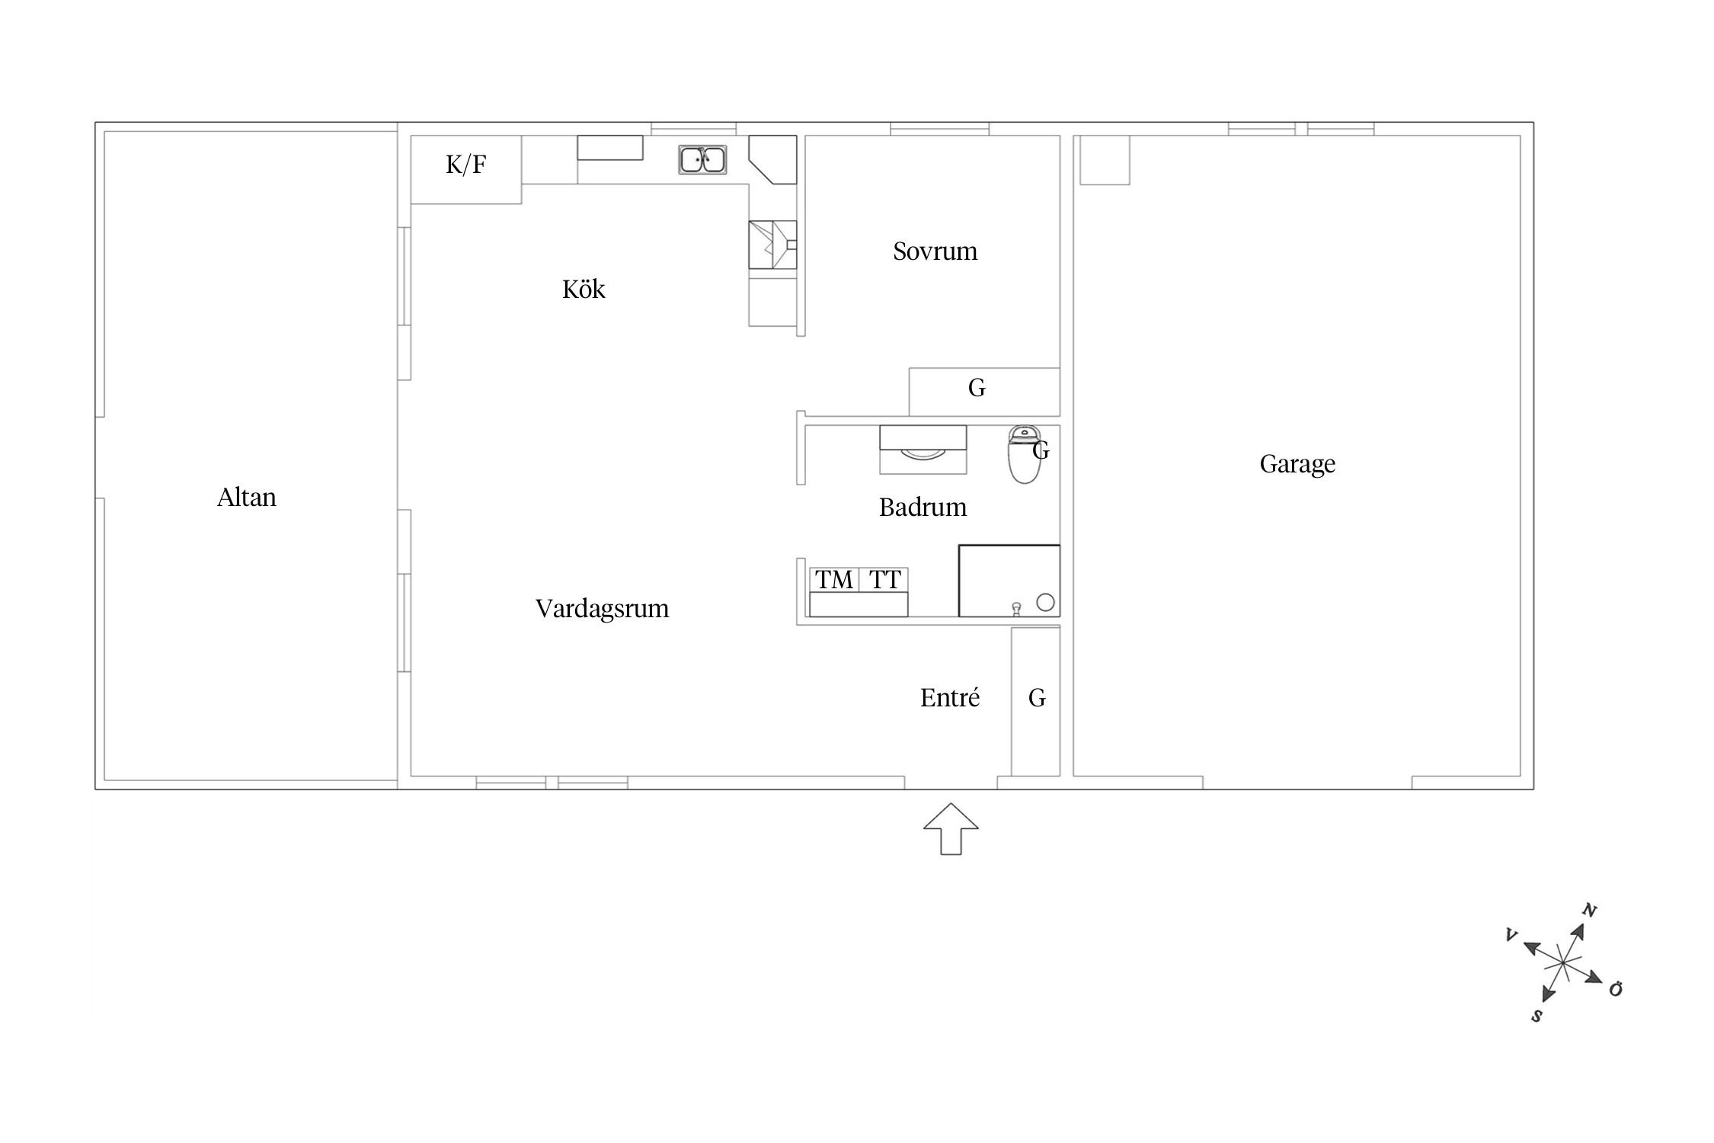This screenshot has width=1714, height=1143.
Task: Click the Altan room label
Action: click(246, 498)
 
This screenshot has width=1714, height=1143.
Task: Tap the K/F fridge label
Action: click(465, 165)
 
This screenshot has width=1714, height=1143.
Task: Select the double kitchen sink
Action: click(702, 160)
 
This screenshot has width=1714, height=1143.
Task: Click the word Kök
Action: click(584, 290)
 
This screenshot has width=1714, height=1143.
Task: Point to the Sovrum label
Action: click(935, 251)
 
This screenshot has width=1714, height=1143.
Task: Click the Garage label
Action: click(1297, 464)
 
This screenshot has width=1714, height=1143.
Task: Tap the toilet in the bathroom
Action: click(1024, 454)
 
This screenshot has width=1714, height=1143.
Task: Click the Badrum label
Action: click(923, 507)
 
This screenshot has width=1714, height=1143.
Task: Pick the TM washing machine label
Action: click(834, 580)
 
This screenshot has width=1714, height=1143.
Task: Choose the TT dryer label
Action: click(884, 580)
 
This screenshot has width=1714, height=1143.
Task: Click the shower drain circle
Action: click(1045, 603)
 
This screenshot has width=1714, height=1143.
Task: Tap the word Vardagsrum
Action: click(602, 609)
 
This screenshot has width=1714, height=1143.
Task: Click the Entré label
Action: click(949, 698)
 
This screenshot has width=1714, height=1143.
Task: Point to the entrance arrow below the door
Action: click(951, 828)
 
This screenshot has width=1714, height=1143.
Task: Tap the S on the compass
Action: click(1537, 1016)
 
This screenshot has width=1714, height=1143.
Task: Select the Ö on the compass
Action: click(1615, 988)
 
